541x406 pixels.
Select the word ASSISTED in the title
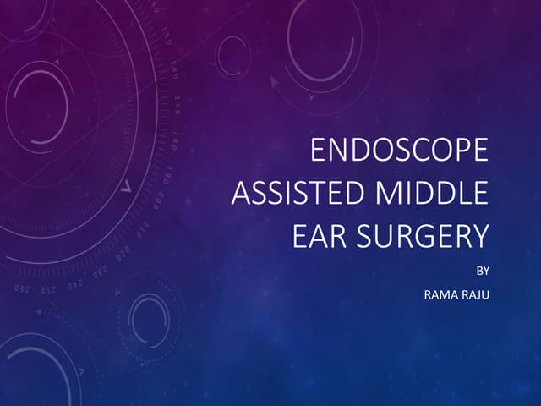click(287, 194)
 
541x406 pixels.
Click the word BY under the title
click(483, 272)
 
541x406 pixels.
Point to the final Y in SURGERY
click(480, 236)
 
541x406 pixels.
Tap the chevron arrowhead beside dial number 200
click(127, 188)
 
